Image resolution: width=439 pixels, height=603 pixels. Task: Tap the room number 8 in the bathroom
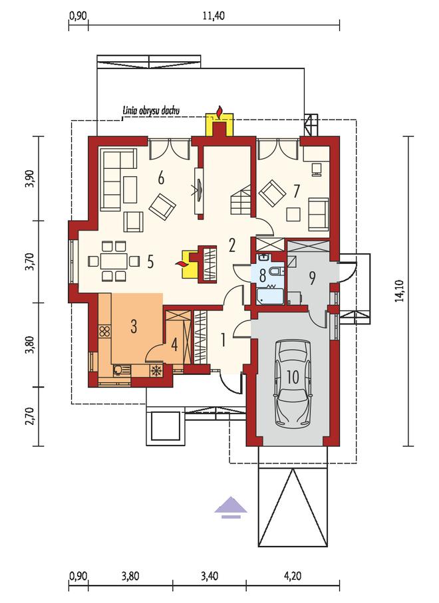(x=262, y=276)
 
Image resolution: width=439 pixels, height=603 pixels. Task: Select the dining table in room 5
(x=114, y=261)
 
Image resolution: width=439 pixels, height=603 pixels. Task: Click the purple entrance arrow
(x=230, y=507)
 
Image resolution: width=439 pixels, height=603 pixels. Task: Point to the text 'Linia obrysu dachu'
(x=151, y=111)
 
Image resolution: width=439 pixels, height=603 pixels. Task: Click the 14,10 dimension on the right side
(x=401, y=291)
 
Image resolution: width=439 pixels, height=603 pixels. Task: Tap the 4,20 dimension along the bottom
(x=292, y=576)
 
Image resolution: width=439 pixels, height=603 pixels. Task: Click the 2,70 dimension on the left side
(x=31, y=416)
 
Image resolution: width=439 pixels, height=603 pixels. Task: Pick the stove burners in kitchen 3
(x=104, y=332)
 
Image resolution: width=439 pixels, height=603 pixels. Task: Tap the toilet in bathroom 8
(x=277, y=272)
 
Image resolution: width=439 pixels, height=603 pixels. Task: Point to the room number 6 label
(x=161, y=178)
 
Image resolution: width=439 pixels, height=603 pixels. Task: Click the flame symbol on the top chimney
(x=219, y=112)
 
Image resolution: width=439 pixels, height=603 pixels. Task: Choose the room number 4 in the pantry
(x=174, y=345)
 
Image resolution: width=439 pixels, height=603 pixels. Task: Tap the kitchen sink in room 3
(x=122, y=370)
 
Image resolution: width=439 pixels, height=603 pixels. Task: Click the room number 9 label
(x=312, y=278)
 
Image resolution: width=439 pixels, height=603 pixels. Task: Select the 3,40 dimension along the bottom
(x=210, y=576)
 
